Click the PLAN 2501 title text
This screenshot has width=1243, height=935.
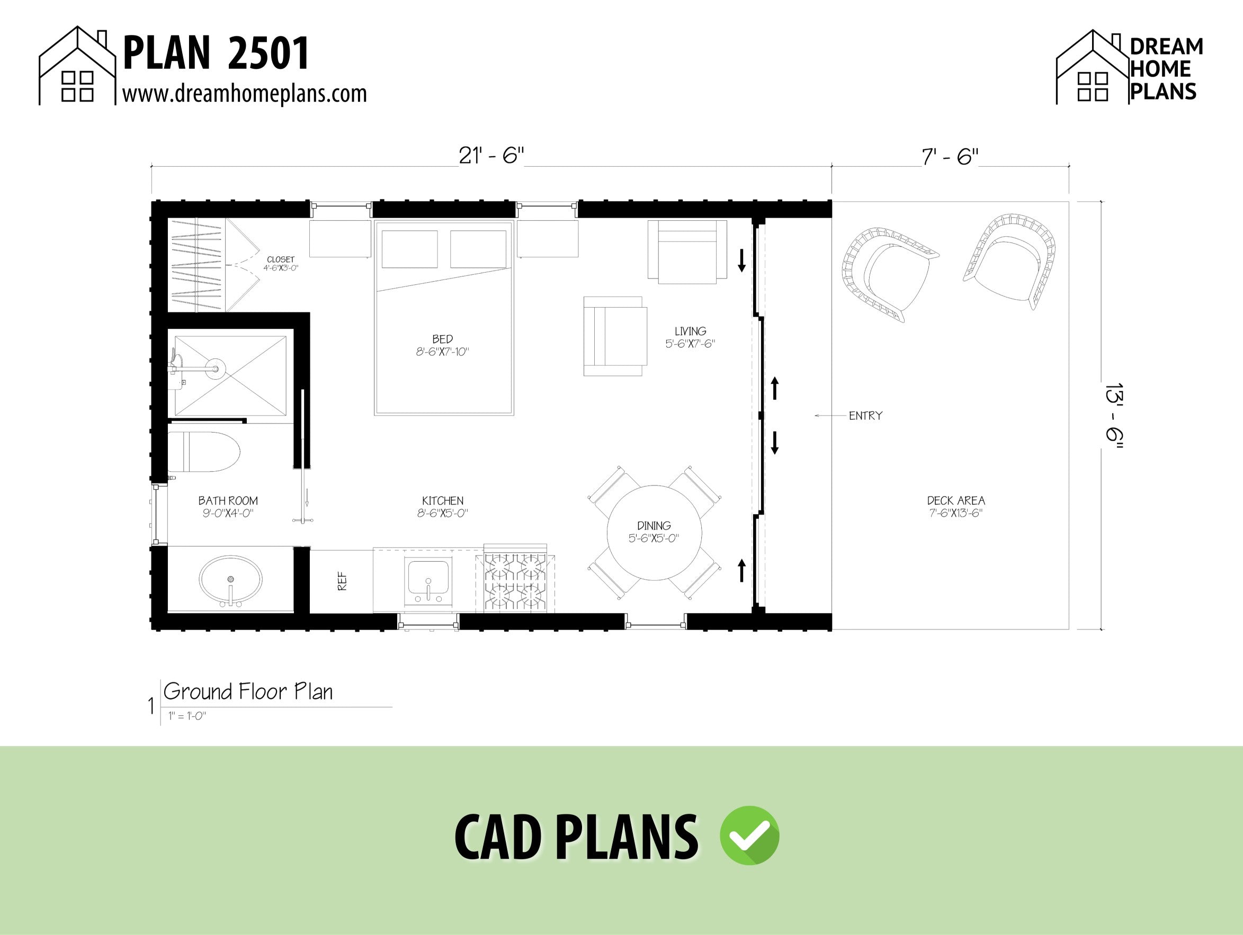pos(216,53)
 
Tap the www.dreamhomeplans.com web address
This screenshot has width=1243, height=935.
pos(245,93)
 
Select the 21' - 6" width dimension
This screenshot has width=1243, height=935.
pos(491,156)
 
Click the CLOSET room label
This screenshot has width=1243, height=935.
pos(280,259)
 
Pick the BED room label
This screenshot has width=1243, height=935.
pos(442,339)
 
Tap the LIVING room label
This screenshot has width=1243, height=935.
pos(690,331)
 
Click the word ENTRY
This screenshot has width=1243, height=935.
pos(865,416)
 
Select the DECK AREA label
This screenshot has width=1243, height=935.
pos(956,501)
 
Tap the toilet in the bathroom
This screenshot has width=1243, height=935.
pos(203,452)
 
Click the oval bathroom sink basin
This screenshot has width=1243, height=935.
pos(230,578)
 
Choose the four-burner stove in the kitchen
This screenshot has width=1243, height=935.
pos(515,582)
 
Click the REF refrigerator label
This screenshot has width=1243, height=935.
pos(342,581)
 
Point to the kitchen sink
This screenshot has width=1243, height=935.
pos(428,580)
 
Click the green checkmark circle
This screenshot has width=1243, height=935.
pos(749,835)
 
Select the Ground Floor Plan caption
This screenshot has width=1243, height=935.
pos(248,691)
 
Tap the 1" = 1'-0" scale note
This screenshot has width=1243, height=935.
pos(187,716)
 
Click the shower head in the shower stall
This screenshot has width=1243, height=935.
pos(214,368)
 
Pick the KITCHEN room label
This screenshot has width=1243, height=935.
pos(443,501)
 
